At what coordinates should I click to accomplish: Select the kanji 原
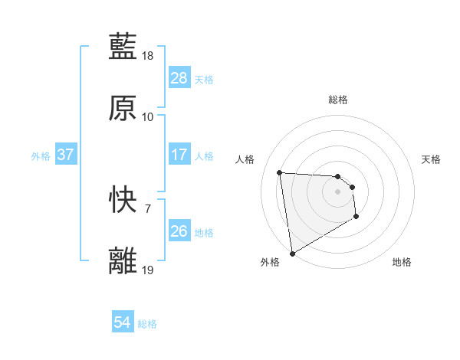[123, 108]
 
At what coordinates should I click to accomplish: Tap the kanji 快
[123, 200]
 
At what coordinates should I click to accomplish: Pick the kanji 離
[123, 260]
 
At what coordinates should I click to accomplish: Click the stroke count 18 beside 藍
[148, 57]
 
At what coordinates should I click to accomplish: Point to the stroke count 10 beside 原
[148, 116]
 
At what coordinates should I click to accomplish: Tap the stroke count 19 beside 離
[148, 270]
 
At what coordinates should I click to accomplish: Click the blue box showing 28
[179, 78]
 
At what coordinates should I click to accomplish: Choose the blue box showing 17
[179, 155]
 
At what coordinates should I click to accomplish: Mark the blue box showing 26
[179, 231]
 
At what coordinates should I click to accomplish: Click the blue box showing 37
[65, 155]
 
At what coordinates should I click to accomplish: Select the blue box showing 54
[123, 323]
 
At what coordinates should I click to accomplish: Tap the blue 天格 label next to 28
[204, 79]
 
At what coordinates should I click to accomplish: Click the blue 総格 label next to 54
[147, 324]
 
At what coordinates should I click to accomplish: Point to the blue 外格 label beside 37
[41, 155]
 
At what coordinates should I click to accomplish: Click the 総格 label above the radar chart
[338, 100]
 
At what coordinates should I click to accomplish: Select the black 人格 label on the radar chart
[245, 159]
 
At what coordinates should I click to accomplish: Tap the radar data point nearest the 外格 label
[292, 253]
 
